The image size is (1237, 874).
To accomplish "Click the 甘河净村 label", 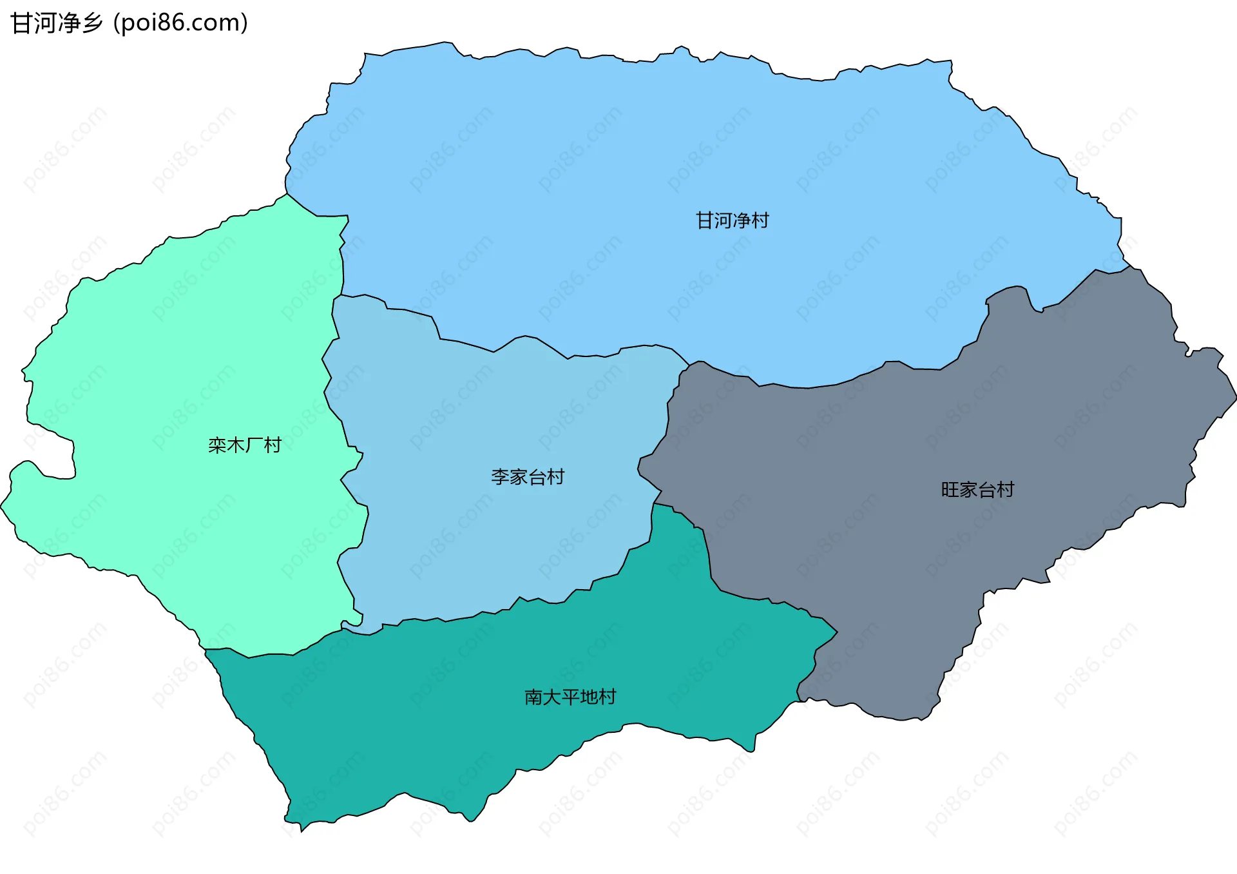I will pyautogui.click(x=732, y=220).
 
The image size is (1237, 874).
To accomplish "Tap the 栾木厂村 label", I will pyautogui.click(x=244, y=445).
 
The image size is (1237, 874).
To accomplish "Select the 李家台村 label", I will pyautogui.click(x=528, y=477).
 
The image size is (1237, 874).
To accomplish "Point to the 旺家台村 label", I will pyautogui.click(x=977, y=490).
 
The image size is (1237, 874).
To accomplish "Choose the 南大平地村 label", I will pyautogui.click(x=570, y=697).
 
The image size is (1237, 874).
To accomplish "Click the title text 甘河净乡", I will pyautogui.click(x=57, y=23).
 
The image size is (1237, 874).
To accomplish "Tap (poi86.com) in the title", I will pyautogui.click(x=180, y=23).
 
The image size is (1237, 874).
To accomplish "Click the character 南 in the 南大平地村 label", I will pyautogui.click(x=533, y=697).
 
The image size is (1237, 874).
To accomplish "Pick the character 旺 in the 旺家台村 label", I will pyautogui.click(x=950, y=490).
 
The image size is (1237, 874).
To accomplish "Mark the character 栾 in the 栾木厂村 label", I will pyautogui.click(x=217, y=445).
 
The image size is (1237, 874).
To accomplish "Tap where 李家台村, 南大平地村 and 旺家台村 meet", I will pyautogui.click(x=655, y=504).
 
